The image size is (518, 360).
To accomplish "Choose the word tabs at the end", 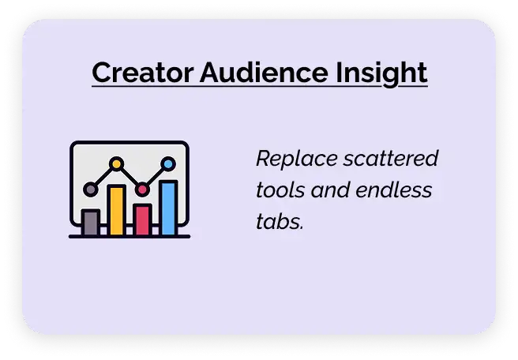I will pyautogui.click(x=279, y=223).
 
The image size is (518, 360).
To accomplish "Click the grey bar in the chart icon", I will pyautogui.click(x=91, y=223).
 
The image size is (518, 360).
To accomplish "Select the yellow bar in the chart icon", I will pyautogui.click(x=116, y=211).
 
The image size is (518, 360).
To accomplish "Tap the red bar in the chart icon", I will pyautogui.click(x=142, y=219).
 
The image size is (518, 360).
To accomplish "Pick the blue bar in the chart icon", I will pyautogui.click(x=168, y=208).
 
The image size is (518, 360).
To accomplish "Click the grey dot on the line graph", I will pyautogui.click(x=91, y=189).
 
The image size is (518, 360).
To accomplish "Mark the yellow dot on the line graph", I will pyautogui.click(x=116, y=164).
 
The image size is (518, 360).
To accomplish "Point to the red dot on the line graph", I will pyautogui.click(x=142, y=189).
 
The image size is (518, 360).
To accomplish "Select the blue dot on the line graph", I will pyautogui.click(x=167, y=164).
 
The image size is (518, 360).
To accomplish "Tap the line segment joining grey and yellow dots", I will pyautogui.click(x=103, y=177).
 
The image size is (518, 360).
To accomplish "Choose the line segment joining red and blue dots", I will pyautogui.click(x=155, y=177).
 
